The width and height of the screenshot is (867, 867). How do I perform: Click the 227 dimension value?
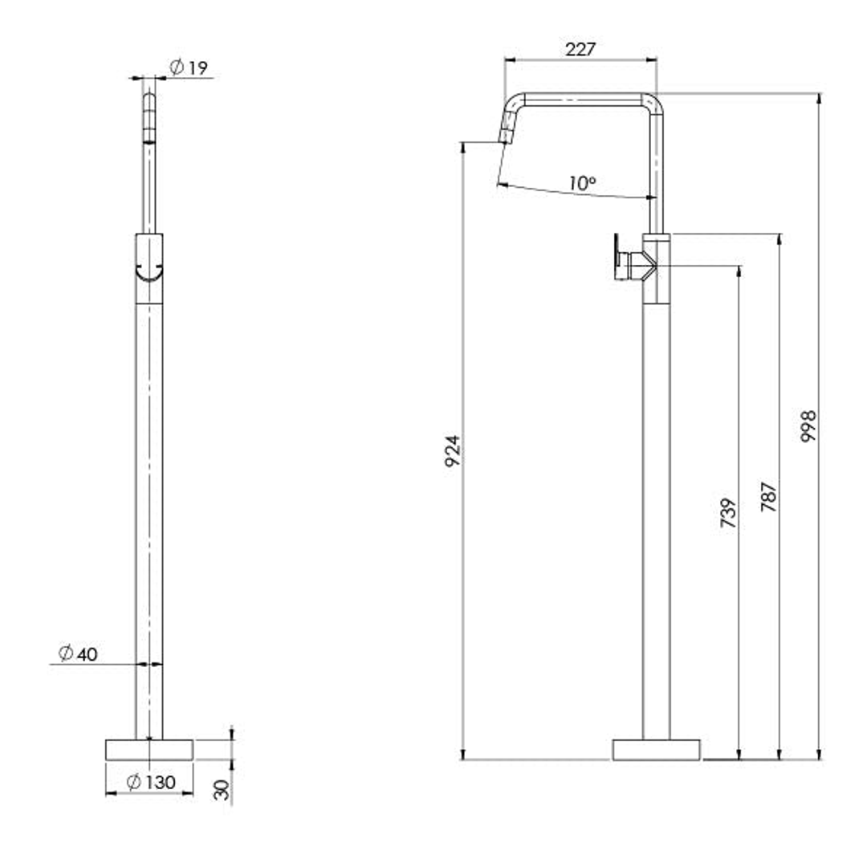[x=580, y=49]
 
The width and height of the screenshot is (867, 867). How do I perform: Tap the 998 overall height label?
[x=808, y=425]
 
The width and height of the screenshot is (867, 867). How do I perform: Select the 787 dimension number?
[x=768, y=497]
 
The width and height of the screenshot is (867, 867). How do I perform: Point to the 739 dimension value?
[x=729, y=512]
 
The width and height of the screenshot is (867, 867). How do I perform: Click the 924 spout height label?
[x=452, y=451]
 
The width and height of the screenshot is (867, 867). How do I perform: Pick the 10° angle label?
[x=582, y=183]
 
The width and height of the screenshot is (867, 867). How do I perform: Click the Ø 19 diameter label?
[x=188, y=67]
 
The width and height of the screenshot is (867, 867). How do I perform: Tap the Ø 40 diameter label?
[x=78, y=653]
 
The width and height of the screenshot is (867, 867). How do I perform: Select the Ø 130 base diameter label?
[x=151, y=782]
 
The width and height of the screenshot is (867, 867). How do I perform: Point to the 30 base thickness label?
[x=221, y=790]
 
